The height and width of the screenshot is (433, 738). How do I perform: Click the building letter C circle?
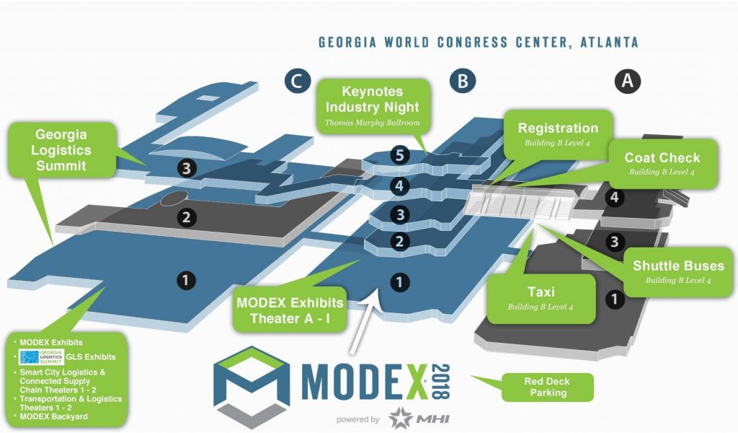point(297,81)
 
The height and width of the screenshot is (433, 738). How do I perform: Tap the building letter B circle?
point(463,81)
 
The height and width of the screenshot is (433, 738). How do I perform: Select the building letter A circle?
point(628,80)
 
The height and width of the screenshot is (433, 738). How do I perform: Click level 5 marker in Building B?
point(399,155)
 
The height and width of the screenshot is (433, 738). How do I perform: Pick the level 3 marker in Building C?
point(187,167)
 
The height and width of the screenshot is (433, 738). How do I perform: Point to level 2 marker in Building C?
point(187,217)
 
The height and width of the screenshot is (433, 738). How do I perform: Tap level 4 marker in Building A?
point(614,197)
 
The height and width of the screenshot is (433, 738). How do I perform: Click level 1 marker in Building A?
point(614,299)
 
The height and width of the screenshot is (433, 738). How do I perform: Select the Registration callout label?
point(558,135)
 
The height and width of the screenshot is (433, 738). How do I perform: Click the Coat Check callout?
point(662,164)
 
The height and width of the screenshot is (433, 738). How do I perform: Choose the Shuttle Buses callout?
point(678,272)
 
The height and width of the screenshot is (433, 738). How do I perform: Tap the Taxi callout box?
point(541,299)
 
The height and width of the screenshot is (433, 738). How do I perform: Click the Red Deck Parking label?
point(548,388)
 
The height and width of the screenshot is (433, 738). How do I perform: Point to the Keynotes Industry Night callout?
point(373,107)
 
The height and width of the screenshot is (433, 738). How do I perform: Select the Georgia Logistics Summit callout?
point(61,150)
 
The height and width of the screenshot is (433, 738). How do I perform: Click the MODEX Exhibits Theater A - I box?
point(290,310)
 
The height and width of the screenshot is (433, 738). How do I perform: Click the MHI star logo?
point(401,418)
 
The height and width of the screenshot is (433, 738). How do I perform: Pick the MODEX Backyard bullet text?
point(53,416)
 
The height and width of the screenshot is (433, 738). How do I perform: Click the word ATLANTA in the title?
point(609,43)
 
